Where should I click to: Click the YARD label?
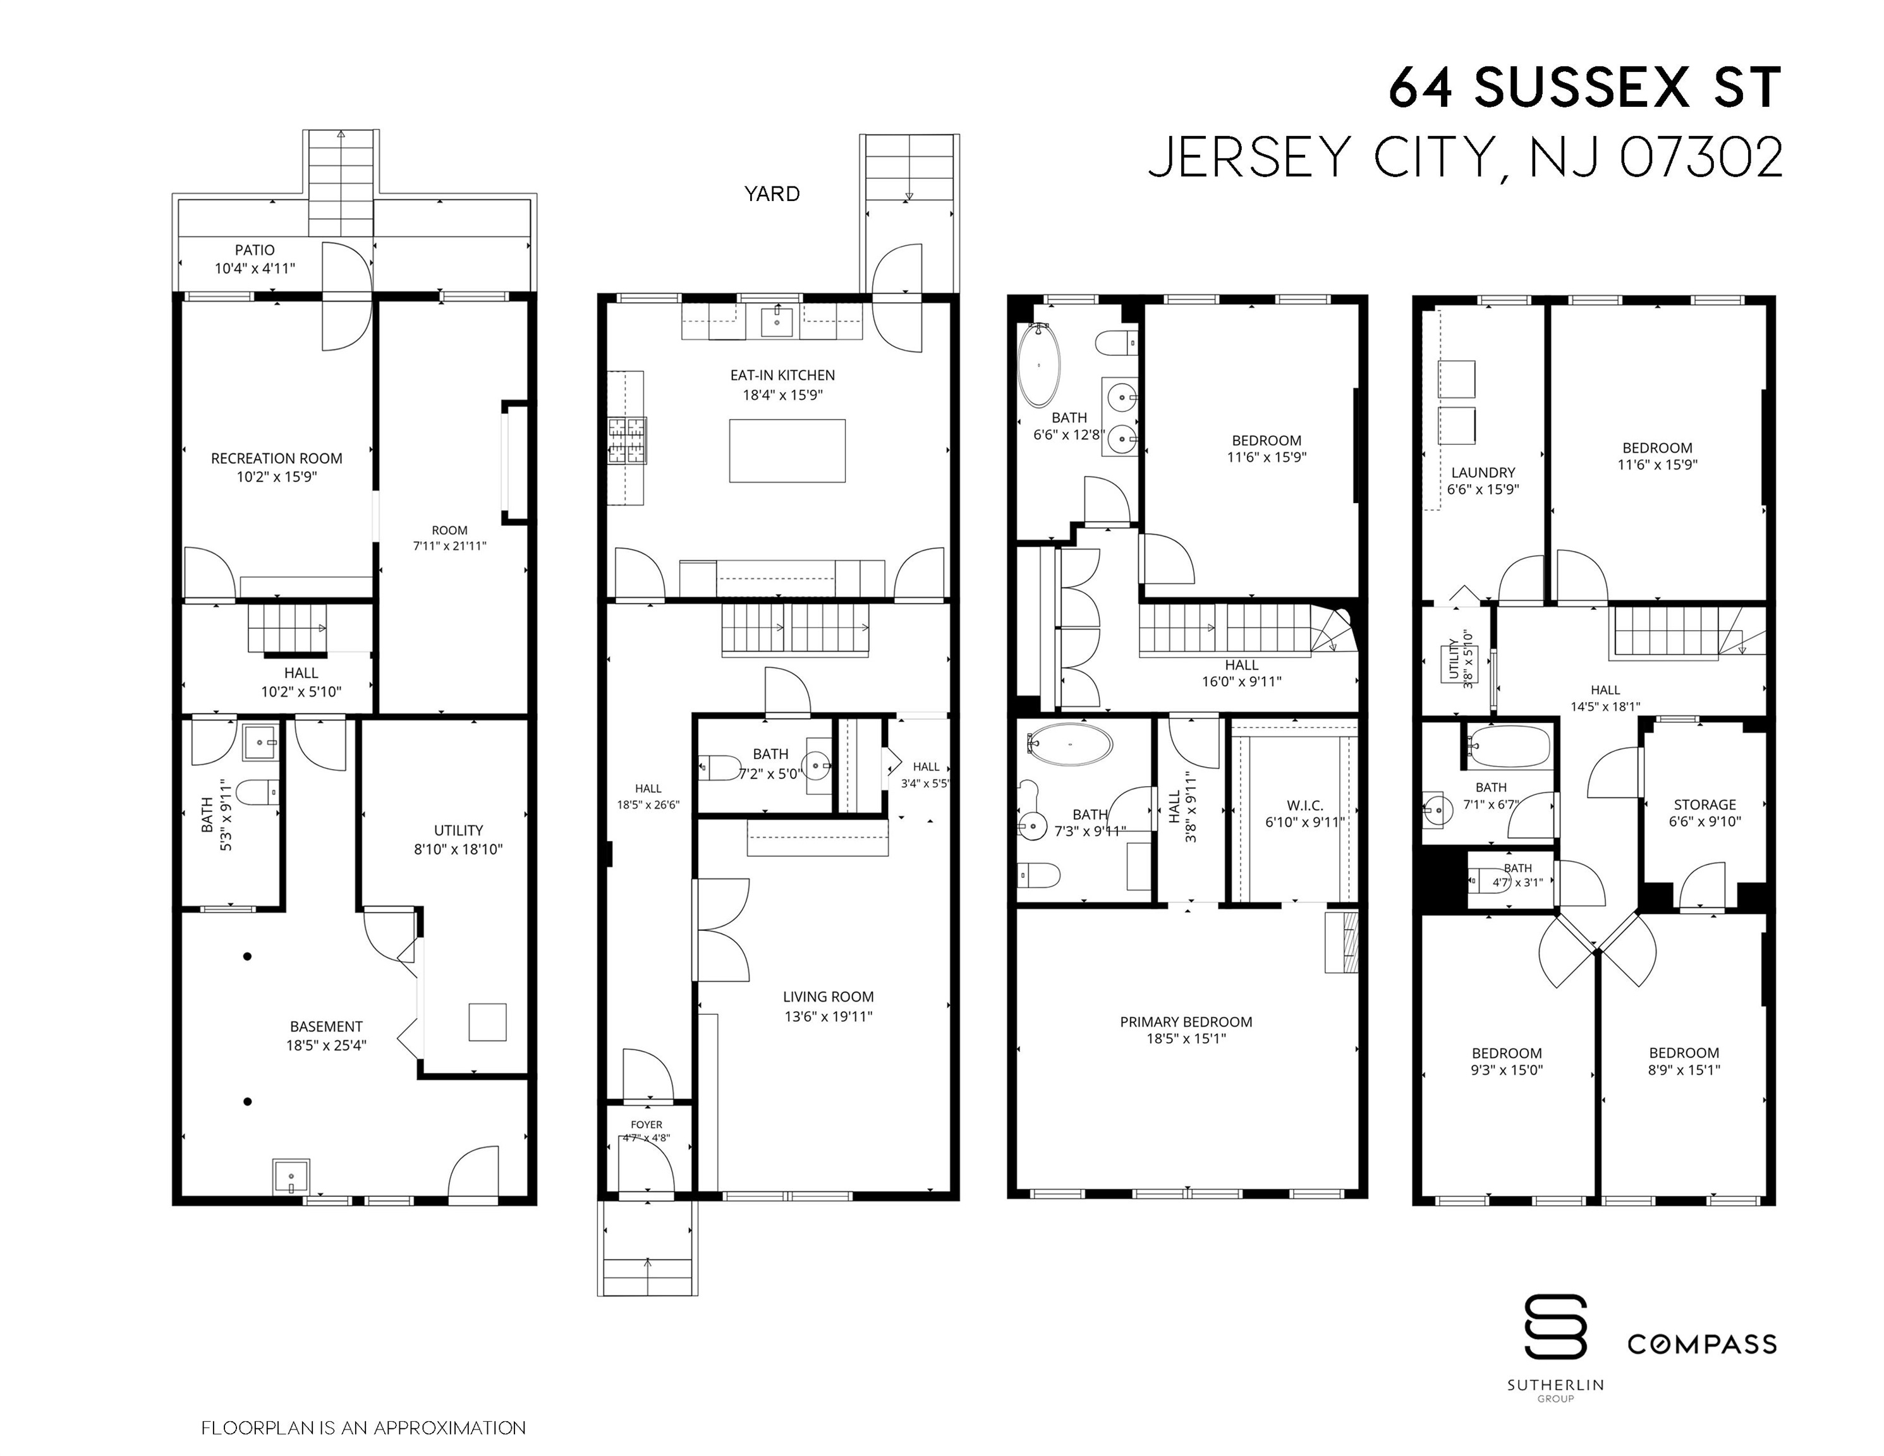click(x=772, y=194)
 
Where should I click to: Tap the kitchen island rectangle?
click(x=787, y=450)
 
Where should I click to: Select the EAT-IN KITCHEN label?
click(x=782, y=375)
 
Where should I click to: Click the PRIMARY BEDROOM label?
click(x=1186, y=1022)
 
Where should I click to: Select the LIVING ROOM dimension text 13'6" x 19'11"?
click(x=828, y=1016)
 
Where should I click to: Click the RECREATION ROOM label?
click(x=277, y=459)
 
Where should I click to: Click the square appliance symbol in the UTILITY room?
click(x=487, y=1022)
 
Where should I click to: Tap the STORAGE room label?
click(x=1705, y=804)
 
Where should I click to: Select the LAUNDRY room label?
click(x=1483, y=473)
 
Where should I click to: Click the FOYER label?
click(x=646, y=1125)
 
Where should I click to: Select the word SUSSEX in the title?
click(x=1582, y=87)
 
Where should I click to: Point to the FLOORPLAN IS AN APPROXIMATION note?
click(x=363, y=1428)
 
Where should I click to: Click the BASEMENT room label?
click(x=326, y=1026)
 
